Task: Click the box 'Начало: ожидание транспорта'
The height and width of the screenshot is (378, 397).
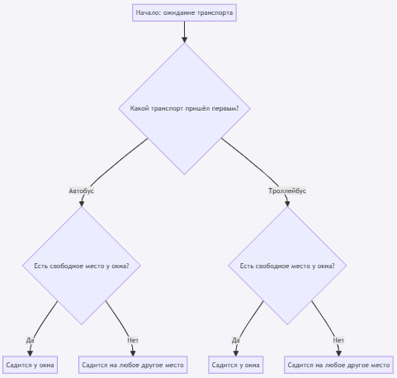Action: [184, 12]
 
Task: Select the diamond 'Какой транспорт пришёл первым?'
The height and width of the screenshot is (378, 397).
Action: [184, 108]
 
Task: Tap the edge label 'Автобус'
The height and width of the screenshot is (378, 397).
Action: [82, 191]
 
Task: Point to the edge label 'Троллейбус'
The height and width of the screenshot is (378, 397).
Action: [287, 191]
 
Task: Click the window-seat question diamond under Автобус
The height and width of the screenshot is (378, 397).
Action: [82, 266]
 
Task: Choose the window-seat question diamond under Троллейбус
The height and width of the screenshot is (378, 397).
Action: [287, 266]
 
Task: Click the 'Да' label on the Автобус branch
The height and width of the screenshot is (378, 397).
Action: [30, 340]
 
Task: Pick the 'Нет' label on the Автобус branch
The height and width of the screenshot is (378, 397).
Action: [133, 340]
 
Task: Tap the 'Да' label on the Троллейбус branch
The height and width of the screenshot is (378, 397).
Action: [236, 340]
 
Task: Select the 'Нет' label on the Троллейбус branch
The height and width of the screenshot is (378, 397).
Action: [338, 340]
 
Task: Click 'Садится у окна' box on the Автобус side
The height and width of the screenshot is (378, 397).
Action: [30, 365]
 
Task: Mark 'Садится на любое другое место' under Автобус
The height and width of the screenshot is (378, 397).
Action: [133, 365]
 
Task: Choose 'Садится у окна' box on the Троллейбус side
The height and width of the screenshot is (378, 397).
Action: [236, 365]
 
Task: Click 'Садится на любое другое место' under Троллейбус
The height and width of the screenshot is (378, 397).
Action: [338, 365]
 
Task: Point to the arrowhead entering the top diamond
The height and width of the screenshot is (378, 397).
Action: [184, 39]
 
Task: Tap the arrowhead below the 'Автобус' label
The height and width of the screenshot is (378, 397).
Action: [82, 204]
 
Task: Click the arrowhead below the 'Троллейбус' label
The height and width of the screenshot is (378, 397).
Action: [287, 204]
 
